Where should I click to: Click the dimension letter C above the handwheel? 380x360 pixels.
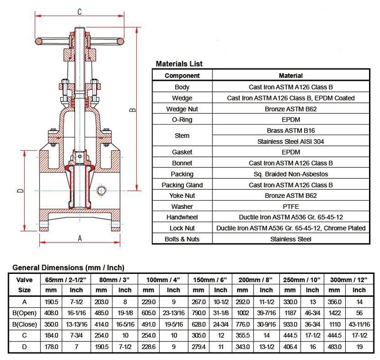[x=79, y=11]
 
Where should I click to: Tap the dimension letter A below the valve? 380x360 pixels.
[x=79, y=238]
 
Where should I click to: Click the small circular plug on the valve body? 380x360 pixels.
[x=101, y=191]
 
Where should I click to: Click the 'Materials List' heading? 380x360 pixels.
[x=179, y=64]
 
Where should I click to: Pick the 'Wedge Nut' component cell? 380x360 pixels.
[x=182, y=109]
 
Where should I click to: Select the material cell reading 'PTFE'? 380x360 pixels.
[x=291, y=207]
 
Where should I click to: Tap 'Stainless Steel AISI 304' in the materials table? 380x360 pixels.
[x=291, y=141]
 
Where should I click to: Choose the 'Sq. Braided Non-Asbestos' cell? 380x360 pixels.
[x=291, y=174]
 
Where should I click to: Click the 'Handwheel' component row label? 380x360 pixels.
[x=182, y=217]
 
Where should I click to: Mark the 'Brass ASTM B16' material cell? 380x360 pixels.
[x=291, y=130]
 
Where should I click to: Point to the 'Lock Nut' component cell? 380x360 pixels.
[x=182, y=228]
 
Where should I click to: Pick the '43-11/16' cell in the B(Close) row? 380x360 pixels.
[x=359, y=324]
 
